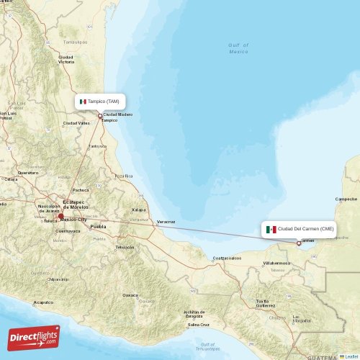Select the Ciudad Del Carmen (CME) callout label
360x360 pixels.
pos(299,229)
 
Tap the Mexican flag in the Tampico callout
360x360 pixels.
pos(84,102)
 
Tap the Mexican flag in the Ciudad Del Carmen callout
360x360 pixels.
pos(271,229)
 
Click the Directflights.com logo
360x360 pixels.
pos(34,337)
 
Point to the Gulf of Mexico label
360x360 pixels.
pos(238,48)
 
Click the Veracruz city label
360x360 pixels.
pos(166,222)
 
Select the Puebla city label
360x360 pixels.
pos(98,226)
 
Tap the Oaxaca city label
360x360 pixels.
pos(130,294)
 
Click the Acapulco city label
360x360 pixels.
pos(43,302)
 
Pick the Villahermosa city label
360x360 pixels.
pos(276,264)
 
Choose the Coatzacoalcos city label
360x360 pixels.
pos(225,257)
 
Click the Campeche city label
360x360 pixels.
pos(346,199)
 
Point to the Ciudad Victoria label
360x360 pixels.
pos(66,59)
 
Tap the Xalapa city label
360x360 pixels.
pos(138,210)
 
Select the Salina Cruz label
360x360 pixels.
pos(199,325)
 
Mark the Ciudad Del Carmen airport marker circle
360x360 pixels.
pos(299,243)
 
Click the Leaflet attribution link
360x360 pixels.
pos(351,356)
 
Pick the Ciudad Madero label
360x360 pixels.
pos(118,114)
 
